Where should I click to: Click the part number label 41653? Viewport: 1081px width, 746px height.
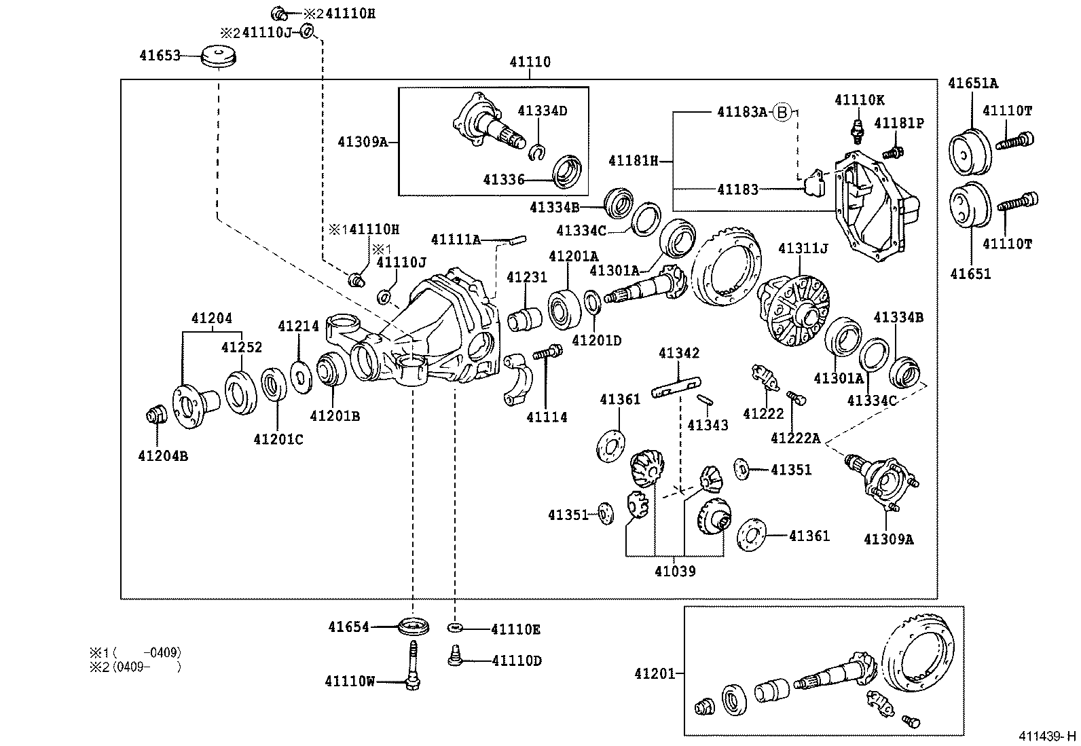[160, 56]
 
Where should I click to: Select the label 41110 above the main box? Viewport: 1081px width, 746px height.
[530, 62]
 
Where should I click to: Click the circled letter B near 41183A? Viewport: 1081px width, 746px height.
[783, 112]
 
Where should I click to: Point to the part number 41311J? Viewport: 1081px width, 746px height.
[803, 249]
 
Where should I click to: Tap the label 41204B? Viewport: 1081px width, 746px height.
[163, 456]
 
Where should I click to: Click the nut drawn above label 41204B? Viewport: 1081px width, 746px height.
[157, 413]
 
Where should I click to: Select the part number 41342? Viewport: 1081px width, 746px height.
[679, 353]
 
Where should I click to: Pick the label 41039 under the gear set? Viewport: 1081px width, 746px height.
[675, 571]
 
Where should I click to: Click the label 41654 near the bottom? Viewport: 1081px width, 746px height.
[349, 627]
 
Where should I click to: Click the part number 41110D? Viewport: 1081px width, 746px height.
[516, 660]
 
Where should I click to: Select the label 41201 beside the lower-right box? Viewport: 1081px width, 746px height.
[655, 673]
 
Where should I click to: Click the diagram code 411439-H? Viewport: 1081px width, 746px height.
[1046, 736]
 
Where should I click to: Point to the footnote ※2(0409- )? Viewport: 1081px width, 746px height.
[136, 667]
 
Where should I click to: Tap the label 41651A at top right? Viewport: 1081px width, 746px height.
[973, 83]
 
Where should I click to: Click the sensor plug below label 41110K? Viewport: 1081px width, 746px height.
[859, 130]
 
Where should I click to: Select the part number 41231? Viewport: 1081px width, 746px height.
[527, 277]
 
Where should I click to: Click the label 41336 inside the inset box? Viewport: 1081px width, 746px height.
[504, 179]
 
